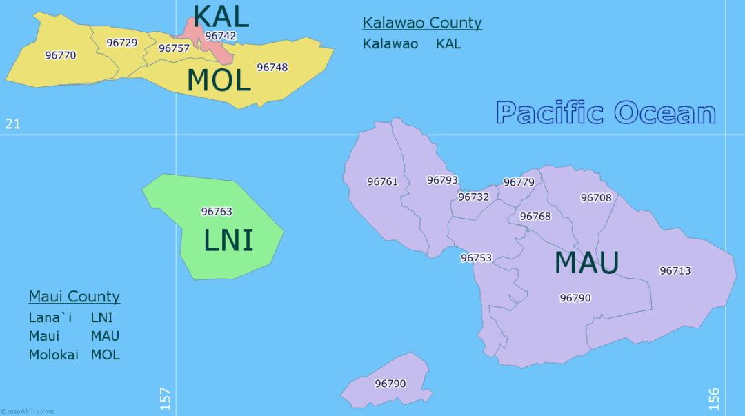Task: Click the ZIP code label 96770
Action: pyautogui.click(x=61, y=55)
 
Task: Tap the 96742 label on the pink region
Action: pyautogui.click(x=221, y=36)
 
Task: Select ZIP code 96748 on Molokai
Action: pyautogui.click(x=272, y=67)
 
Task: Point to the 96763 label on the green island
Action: pyautogui.click(x=217, y=212)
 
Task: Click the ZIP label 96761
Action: pyautogui.click(x=383, y=181)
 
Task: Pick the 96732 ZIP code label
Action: pyautogui.click(x=474, y=197)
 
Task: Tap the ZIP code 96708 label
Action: pyautogui.click(x=596, y=197)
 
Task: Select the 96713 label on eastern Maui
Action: pyautogui.click(x=675, y=270)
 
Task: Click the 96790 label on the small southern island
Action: pyautogui.click(x=390, y=384)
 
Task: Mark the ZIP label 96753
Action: pyautogui.click(x=477, y=258)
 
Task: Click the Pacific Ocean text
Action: pyautogui.click(x=606, y=113)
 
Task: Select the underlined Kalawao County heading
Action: pyautogui.click(x=422, y=23)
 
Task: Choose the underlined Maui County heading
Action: pyautogui.click(x=74, y=297)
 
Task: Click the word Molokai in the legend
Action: pyautogui.click(x=54, y=355)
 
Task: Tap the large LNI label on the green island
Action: pyautogui.click(x=228, y=240)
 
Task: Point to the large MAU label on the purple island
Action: pyautogui.click(x=587, y=263)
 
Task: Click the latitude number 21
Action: pyautogui.click(x=13, y=124)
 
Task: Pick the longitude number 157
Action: pyautogui.click(x=166, y=399)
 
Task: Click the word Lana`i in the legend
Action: pyautogui.click(x=50, y=318)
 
